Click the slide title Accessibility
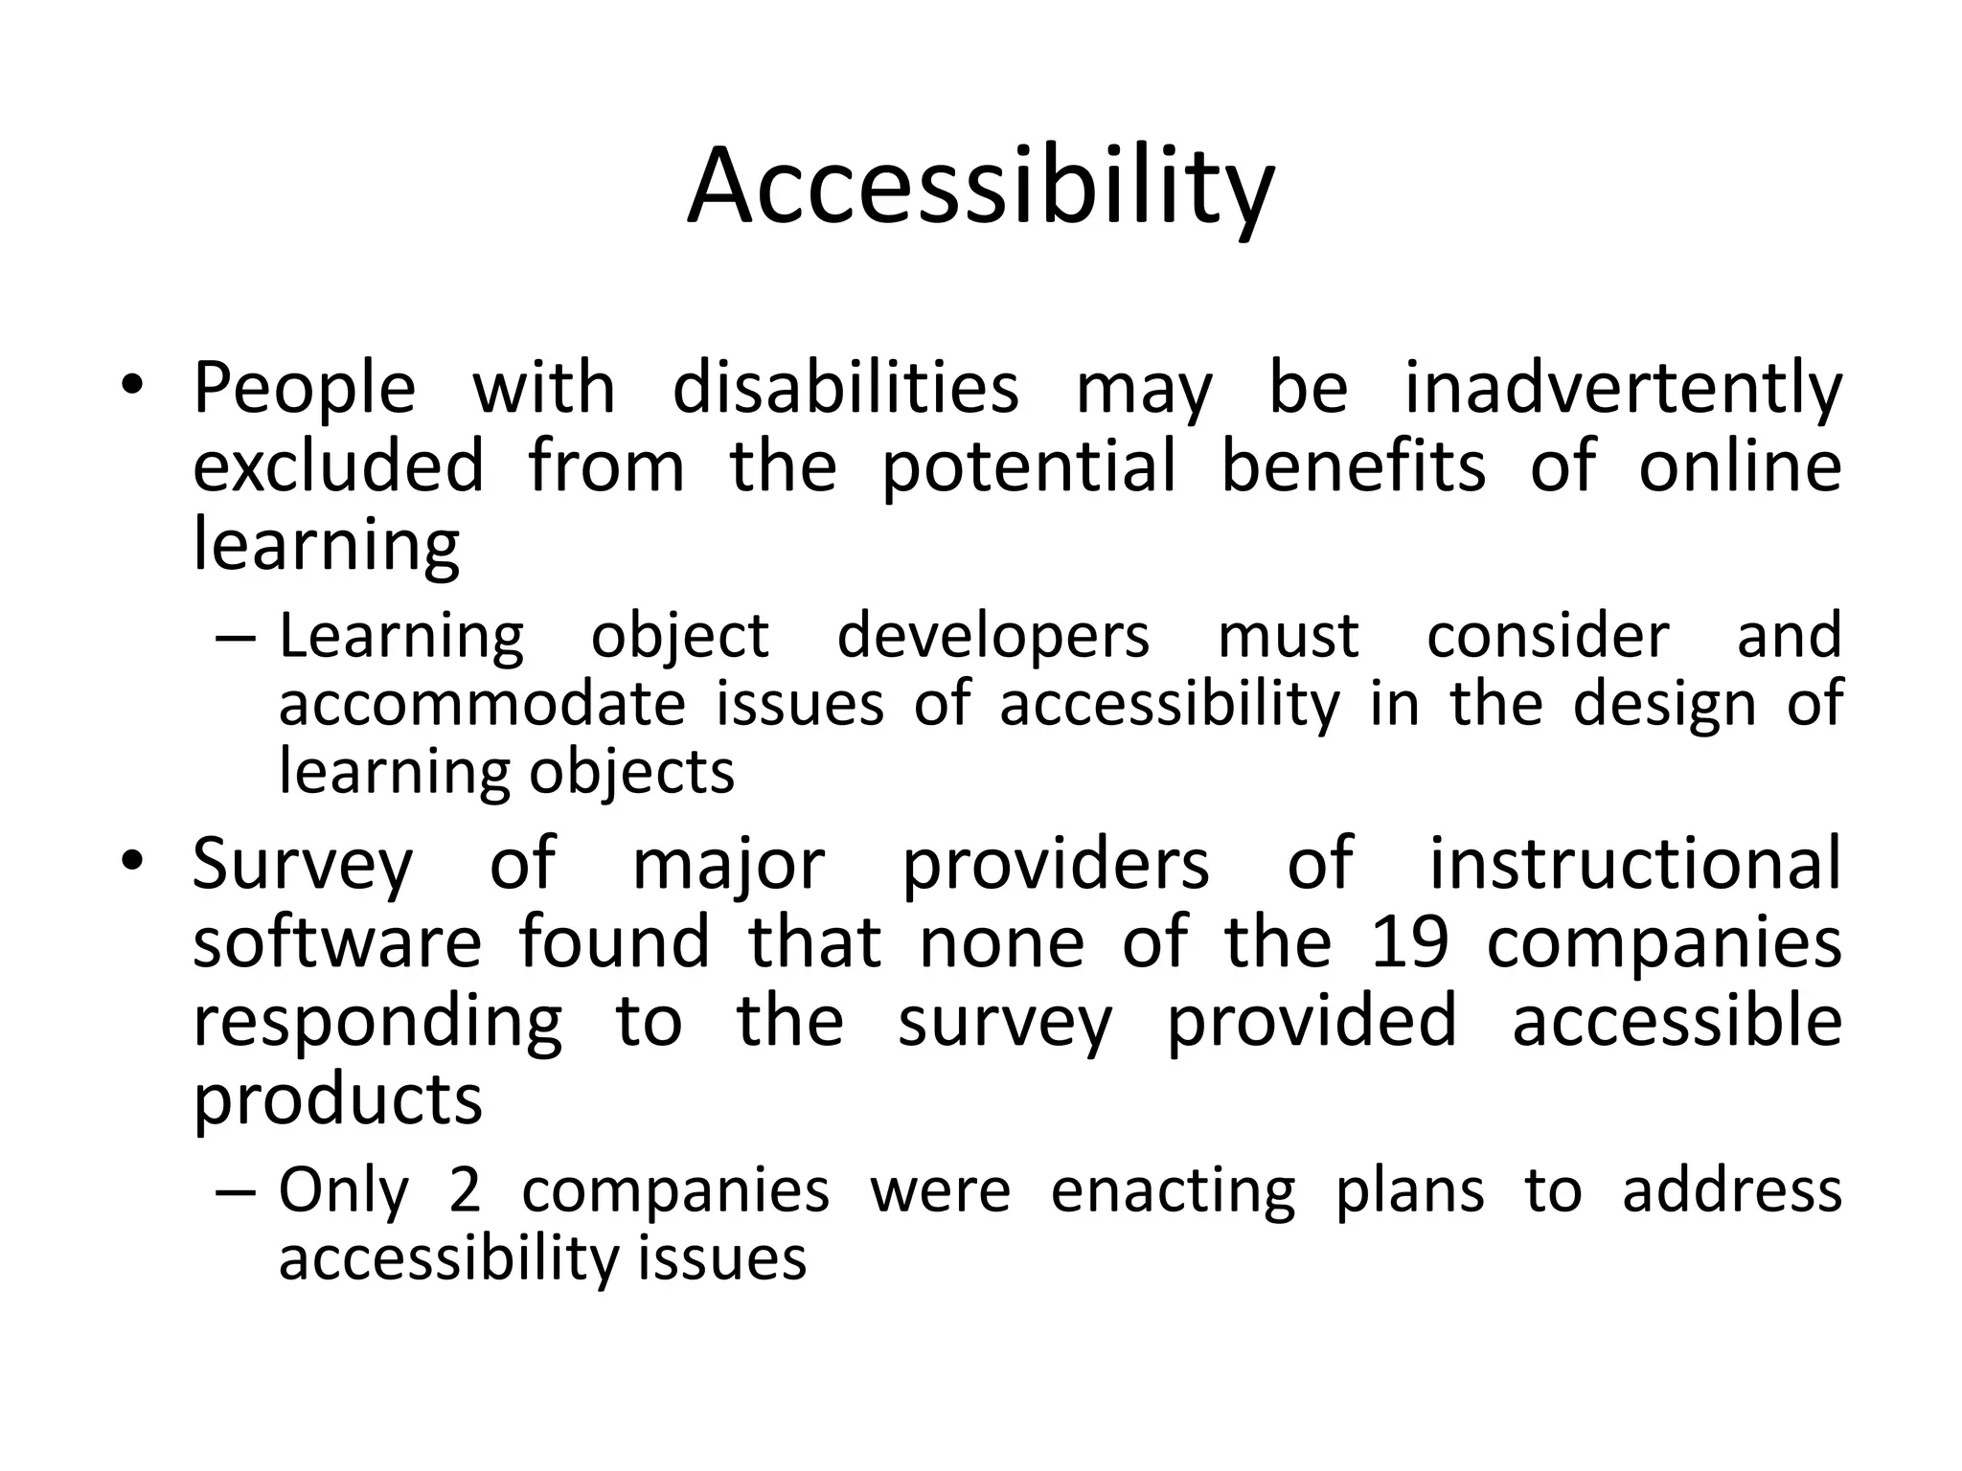pyautogui.click(x=980, y=187)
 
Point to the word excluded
pyautogui.click(x=338, y=466)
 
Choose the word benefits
pyautogui.click(x=1354, y=466)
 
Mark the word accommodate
pyautogui.click(x=482, y=704)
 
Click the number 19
pyautogui.click(x=1408, y=942)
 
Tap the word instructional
pyautogui.click(x=1635, y=864)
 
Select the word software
pyautogui.click(x=337, y=942)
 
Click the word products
pyautogui.click(x=337, y=1099)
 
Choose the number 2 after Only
pyautogui.click(x=465, y=1191)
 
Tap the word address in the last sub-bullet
pyautogui.click(x=1732, y=1191)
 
